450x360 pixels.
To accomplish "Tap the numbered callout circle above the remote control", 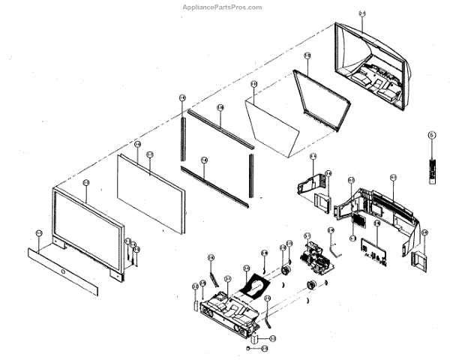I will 431,136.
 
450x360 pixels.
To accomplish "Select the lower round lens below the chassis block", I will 310,286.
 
